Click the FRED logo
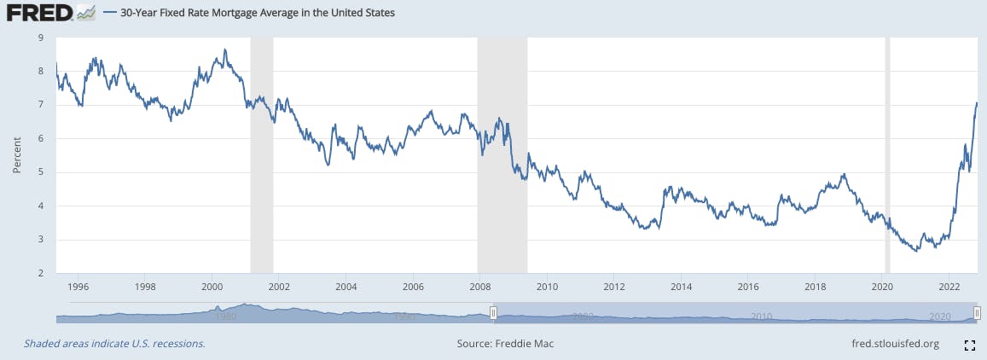pos(38,14)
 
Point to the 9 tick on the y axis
pos(42,38)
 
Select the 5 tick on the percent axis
pos(42,172)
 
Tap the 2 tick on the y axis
pos(42,274)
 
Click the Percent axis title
pos(17,155)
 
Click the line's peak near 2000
pos(224,49)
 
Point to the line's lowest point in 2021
pos(916,251)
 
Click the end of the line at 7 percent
pos(977,103)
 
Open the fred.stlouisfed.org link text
pos(890,344)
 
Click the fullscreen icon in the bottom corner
pos(969,345)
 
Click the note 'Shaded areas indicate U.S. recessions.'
pos(114,344)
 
